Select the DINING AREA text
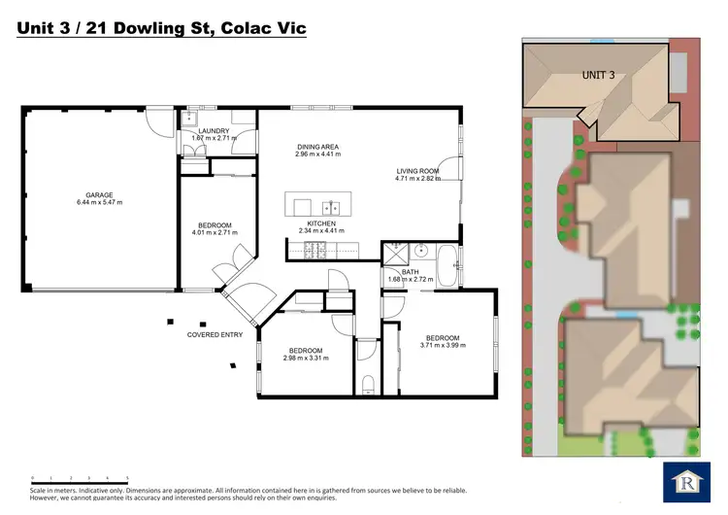point(317,147)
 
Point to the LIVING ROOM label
point(416,171)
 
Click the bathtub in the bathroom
point(448,262)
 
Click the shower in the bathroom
point(394,255)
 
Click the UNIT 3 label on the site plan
point(599,74)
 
